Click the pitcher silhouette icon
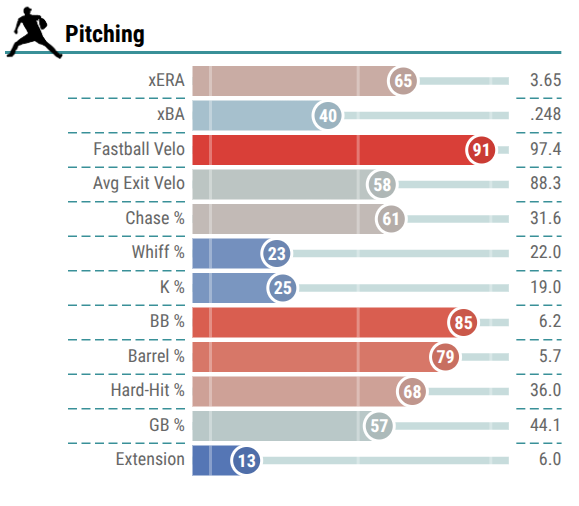[x=35, y=33]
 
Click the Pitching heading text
[x=105, y=34]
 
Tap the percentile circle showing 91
[x=480, y=150]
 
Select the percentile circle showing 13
[x=246, y=460]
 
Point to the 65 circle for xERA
[x=402, y=81]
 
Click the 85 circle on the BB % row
[x=463, y=322]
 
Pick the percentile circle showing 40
[x=327, y=115]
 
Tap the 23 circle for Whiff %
[x=276, y=253]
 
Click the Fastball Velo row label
[x=139, y=149]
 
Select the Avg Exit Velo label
[x=139, y=184]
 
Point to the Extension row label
[x=150, y=459]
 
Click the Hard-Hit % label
[x=148, y=390]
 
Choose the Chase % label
[x=155, y=218]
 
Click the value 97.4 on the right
[x=545, y=149]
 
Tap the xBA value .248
[x=545, y=114]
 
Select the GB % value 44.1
[x=545, y=425]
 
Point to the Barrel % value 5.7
[x=550, y=356]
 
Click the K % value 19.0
[x=545, y=287]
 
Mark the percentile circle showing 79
[x=445, y=356]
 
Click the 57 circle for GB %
[x=378, y=425]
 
